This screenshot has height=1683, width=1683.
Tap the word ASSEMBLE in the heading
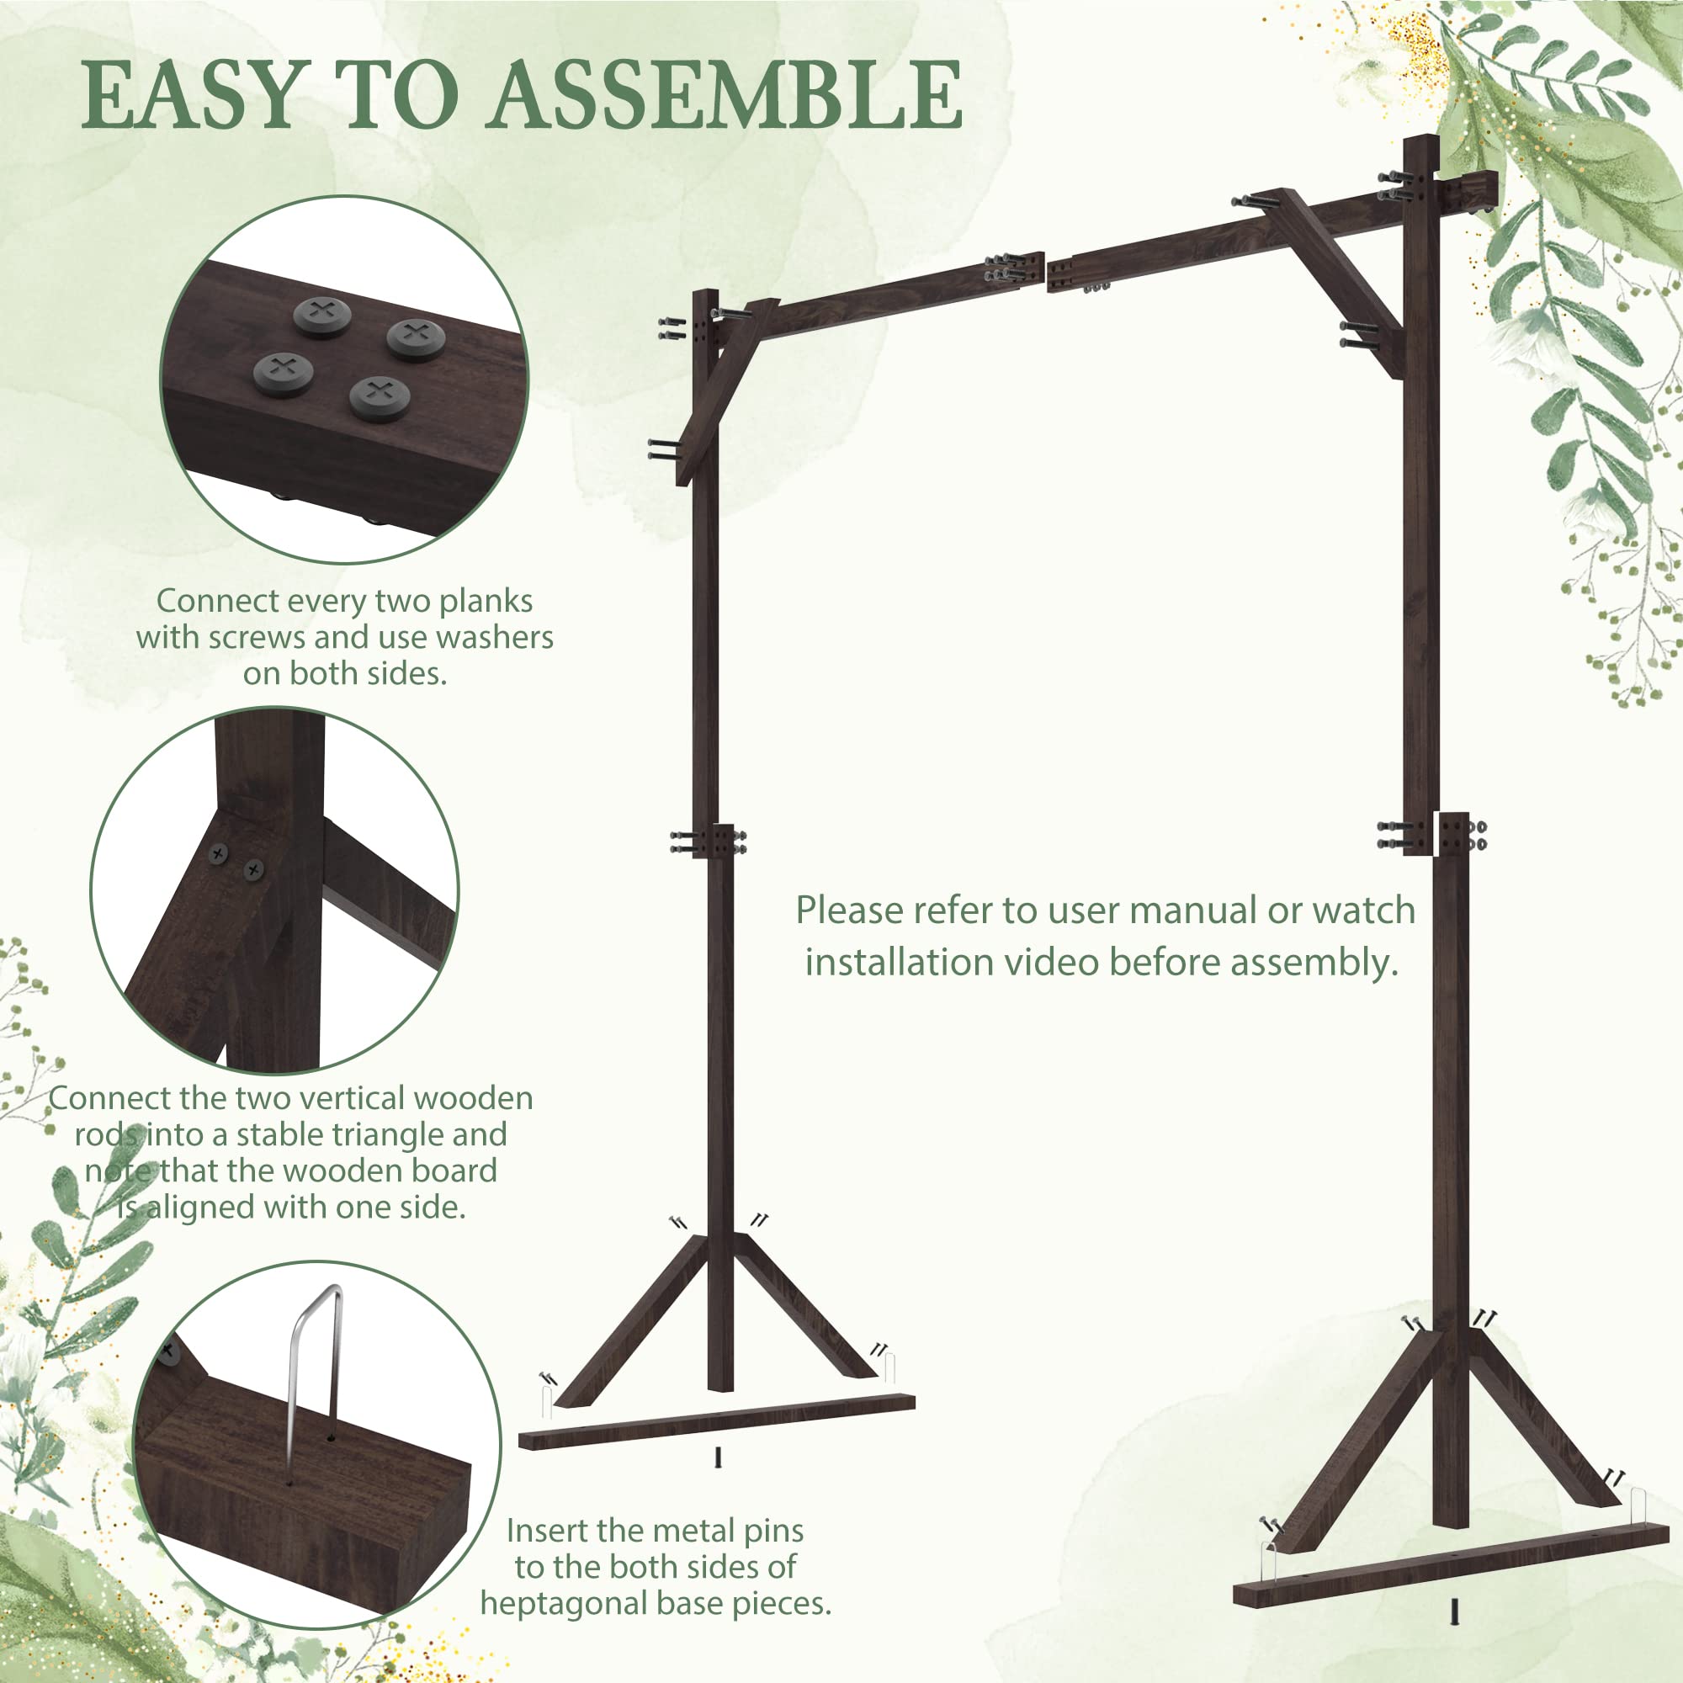click(x=727, y=95)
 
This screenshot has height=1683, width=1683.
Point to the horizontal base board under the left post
click(x=716, y=1421)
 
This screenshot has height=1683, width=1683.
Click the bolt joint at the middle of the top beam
click(x=1045, y=273)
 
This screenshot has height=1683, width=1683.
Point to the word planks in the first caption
click(x=486, y=601)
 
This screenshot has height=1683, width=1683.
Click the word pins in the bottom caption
click(x=772, y=1531)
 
